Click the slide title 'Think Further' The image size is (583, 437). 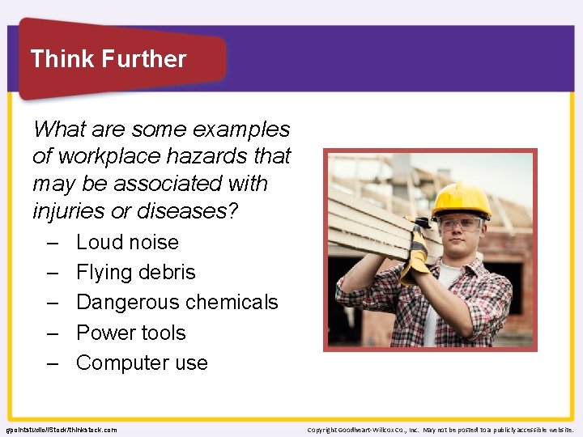click(x=108, y=59)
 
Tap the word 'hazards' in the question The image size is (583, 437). click(x=202, y=156)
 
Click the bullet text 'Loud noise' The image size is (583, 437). click(x=127, y=242)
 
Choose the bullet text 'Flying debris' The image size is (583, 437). click(x=135, y=273)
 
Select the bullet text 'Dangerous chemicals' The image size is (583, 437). click(x=177, y=303)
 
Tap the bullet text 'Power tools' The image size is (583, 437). click(x=130, y=333)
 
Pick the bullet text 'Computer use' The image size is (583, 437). click(x=142, y=363)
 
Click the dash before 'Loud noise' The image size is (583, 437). click(x=53, y=243)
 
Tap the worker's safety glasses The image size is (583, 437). click(x=460, y=224)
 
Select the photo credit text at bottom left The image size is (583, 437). click(x=61, y=430)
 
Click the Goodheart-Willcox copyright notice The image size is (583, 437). click(x=440, y=430)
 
